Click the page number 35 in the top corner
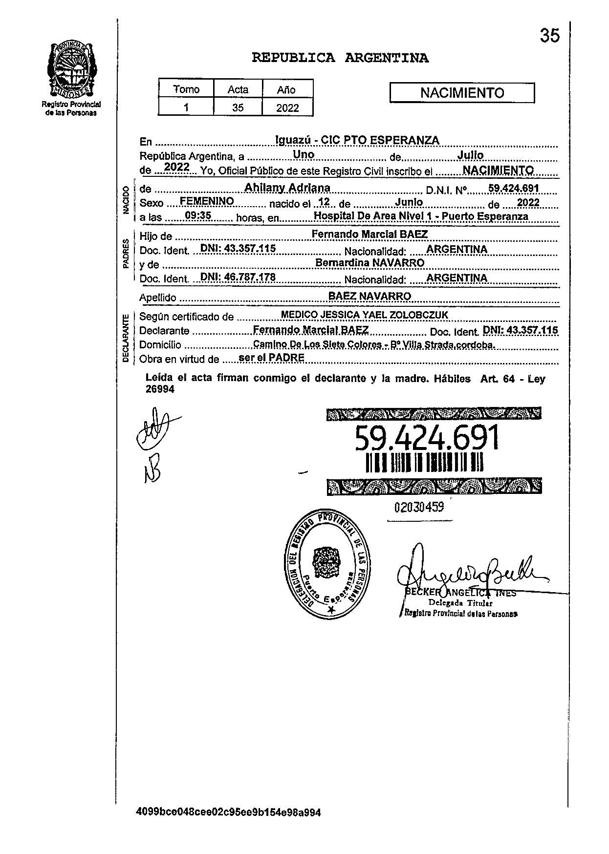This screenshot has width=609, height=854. pos(549,36)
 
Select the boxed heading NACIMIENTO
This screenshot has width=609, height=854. pos(462,93)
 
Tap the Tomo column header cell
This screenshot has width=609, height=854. pos(186,89)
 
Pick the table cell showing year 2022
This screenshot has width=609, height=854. pos(287,108)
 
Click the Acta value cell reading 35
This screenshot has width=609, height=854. pos(238,108)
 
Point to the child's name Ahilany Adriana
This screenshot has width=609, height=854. pos(287,188)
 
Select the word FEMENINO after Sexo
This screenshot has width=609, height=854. pos(207,201)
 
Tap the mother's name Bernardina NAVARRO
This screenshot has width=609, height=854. pos(370,263)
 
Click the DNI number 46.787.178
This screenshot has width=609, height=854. pos(238,278)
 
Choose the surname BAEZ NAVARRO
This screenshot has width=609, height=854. pos(370,296)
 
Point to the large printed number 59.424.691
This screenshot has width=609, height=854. pos(427,438)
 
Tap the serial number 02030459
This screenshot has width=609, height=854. pos(419,507)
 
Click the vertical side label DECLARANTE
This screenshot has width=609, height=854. pos(126,338)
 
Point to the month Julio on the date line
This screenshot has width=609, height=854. pos(470,155)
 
